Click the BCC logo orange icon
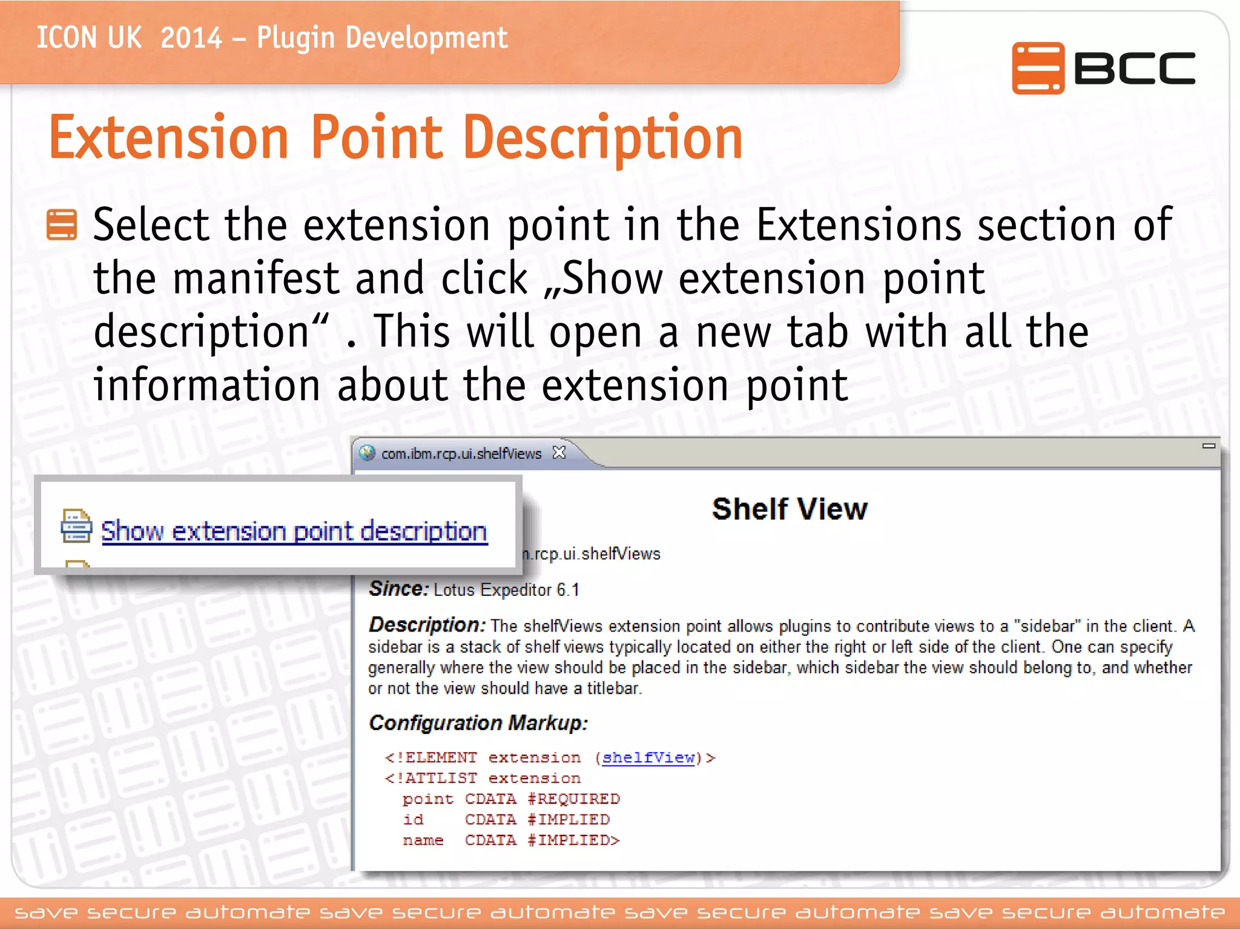(1037, 68)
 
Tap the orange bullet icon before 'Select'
(62, 225)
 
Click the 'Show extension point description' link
(294, 532)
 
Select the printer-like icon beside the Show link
(76, 526)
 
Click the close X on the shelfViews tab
(559, 452)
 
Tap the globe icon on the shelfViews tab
(367, 453)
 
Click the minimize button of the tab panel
(1209, 446)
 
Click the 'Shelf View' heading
(790, 509)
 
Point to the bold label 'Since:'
(399, 589)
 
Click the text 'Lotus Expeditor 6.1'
(506, 590)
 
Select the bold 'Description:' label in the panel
(427, 624)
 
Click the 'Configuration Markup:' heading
(478, 722)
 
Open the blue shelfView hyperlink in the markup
(648, 757)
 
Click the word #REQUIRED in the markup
(573, 799)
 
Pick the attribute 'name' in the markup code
(423, 840)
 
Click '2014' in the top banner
(191, 38)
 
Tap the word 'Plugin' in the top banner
(295, 38)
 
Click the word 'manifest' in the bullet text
(256, 279)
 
